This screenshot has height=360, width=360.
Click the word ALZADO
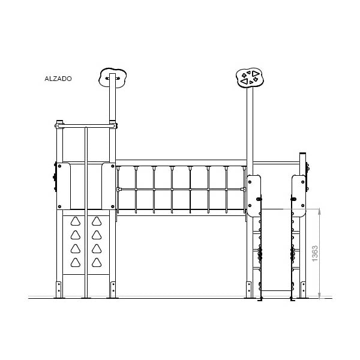point(58,79)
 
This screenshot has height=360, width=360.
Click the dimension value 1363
point(315,253)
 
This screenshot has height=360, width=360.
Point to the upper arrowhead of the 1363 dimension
point(319,211)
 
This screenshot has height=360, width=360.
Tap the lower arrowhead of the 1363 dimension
point(319,296)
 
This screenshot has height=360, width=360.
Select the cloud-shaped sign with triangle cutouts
point(250,78)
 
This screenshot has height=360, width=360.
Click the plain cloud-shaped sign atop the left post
point(112,78)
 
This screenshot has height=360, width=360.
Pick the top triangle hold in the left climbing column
point(76,221)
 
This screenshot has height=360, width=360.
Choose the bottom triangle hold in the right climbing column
point(97,263)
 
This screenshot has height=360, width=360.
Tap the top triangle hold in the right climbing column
point(97,221)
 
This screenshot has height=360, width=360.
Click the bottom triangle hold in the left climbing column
point(76,263)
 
